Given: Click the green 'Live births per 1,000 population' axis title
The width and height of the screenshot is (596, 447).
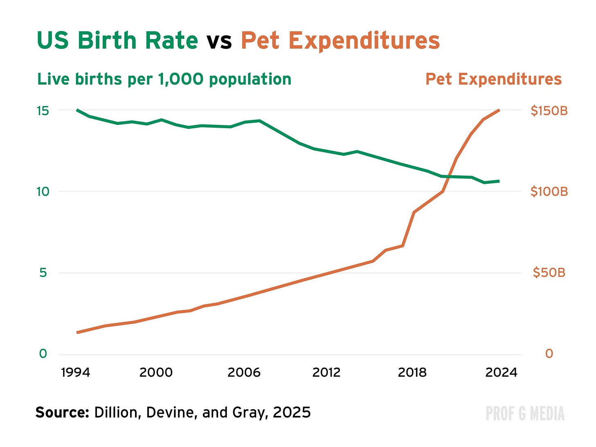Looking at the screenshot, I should tap(164, 79).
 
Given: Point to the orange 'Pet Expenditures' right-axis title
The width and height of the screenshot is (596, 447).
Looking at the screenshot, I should tap(493, 79).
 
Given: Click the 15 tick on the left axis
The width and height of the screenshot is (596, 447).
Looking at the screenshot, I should tap(43, 111).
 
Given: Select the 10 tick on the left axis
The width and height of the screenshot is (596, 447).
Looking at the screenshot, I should tap(43, 191).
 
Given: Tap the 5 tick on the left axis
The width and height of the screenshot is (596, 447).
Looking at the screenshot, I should tap(43, 272).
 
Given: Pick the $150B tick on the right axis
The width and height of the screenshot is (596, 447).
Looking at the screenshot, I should tap(549, 111).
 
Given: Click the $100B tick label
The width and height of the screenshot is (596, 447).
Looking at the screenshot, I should tap(549, 191).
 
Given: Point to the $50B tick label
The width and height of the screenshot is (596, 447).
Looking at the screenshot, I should tap(549, 272).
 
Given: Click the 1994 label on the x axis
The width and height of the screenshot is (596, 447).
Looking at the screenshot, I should tap(76, 372).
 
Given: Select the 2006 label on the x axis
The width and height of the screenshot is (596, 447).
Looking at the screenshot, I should tap(244, 372).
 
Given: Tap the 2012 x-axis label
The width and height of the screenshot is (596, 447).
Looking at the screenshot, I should tap(326, 372).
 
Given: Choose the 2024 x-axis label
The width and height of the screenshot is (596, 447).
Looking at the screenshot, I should tap(501, 372).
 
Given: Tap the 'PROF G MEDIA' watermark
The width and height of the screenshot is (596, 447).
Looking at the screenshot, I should tap(525, 413).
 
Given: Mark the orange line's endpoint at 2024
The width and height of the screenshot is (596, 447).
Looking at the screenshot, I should tap(499, 110).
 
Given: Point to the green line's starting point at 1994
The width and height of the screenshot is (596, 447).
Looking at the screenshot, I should tap(77, 110).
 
